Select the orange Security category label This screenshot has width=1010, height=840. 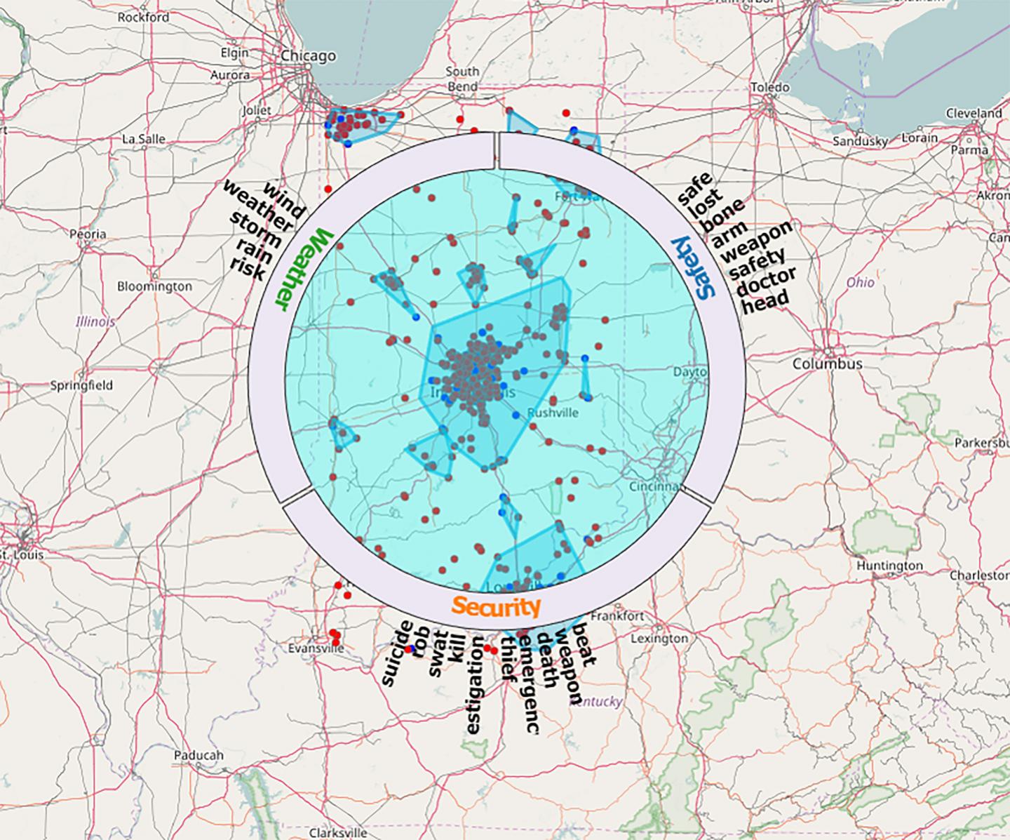[x=496, y=606]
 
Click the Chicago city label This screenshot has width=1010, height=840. [x=308, y=55]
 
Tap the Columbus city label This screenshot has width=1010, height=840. [x=827, y=364]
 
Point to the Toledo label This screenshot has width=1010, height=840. [x=769, y=88]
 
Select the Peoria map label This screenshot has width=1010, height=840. [x=88, y=234]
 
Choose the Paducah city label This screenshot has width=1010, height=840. [x=199, y=755]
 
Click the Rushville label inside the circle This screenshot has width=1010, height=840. [x=553, y=413]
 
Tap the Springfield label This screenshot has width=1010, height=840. [x=81, y=385]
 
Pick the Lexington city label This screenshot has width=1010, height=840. [x=659, y=639]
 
